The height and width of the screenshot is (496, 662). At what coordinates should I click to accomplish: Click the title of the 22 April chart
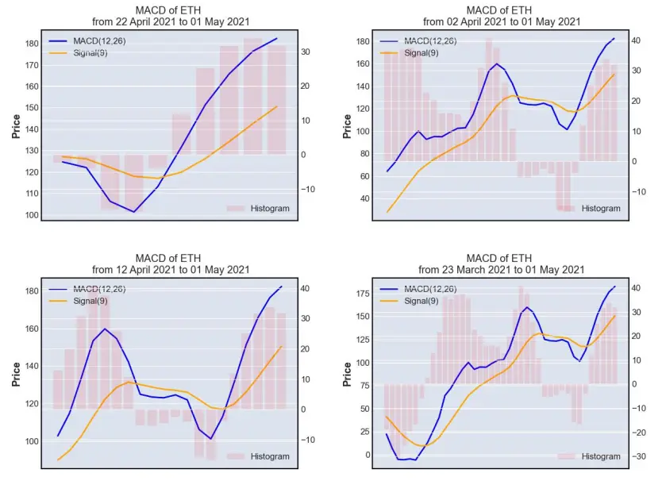171,16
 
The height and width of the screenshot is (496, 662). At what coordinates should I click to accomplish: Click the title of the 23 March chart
501,263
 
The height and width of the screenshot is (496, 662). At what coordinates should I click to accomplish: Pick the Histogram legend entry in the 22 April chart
258,209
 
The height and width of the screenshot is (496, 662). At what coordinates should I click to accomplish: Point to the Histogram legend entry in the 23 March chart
589,456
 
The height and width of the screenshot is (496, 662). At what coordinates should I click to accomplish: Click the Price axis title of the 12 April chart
16,374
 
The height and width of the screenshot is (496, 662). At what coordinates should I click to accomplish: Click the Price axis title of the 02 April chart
347,126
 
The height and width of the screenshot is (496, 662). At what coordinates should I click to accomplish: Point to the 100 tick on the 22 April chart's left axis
32,215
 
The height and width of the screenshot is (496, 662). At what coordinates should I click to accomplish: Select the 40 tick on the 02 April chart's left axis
365,198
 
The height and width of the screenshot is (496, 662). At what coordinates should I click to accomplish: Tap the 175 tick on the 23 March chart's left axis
363,294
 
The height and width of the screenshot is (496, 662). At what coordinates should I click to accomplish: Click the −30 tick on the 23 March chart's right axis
639,456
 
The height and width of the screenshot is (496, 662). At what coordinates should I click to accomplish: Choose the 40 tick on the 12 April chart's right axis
305,288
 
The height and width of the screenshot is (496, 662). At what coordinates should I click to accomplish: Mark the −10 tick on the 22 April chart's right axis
308,189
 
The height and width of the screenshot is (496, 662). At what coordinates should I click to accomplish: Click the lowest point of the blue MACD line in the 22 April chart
134,211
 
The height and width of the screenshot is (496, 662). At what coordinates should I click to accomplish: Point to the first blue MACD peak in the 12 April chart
105,329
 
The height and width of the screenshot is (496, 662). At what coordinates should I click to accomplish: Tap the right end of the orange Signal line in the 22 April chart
277,106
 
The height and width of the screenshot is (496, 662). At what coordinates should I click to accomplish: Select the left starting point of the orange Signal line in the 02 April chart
387,212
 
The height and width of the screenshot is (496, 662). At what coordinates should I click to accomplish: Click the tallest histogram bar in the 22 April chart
253,96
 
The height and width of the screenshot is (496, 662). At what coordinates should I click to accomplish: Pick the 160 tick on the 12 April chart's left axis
32,329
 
